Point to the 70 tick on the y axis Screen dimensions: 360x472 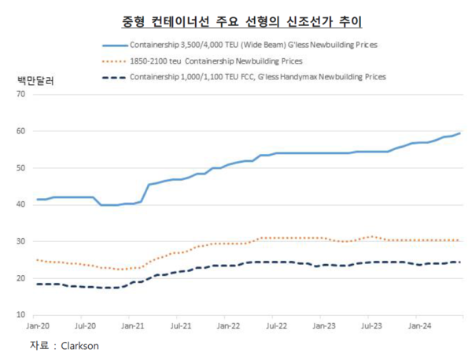[x=20, y=94]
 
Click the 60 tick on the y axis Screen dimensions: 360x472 [x=20, y=131]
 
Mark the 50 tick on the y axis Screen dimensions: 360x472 [x=20, y=167]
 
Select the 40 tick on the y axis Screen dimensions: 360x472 [x=20, y=204]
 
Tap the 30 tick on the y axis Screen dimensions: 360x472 [x=20, y=241]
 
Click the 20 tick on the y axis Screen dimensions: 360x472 [x=20, y=277]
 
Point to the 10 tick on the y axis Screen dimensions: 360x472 [x=20, y=314]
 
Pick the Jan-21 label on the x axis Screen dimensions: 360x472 [x=135, y=324]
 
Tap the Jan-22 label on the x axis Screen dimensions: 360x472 [x=228, y=324]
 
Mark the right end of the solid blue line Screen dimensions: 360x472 [x=459, y=134]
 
